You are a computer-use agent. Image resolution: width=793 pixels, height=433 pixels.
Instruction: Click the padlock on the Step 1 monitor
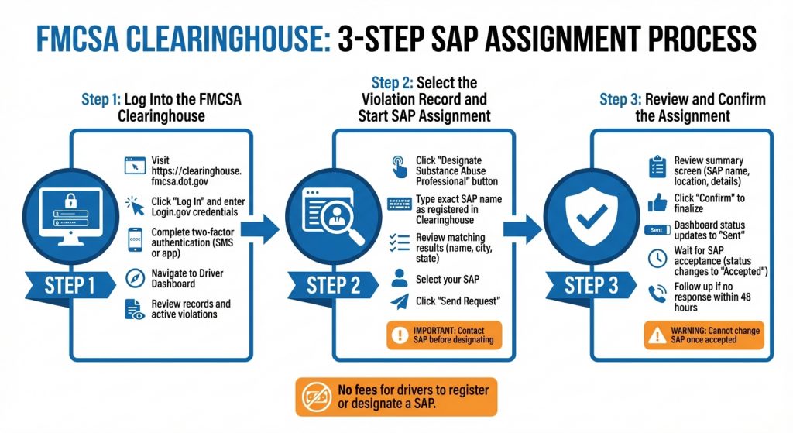pyautogui.click(x=70, y=201)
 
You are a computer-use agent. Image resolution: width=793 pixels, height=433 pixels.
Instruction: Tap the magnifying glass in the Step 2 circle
pyautogui.click(x=342, y=222)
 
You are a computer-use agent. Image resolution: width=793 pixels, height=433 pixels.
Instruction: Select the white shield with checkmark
pyautogui.click(x=592, y=218)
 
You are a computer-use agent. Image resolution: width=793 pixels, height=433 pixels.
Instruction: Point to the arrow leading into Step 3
pyautogui.click(x=523, y=229)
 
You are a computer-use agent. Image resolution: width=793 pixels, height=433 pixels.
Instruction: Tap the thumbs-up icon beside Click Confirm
pyautogui.click(x=657, y=203)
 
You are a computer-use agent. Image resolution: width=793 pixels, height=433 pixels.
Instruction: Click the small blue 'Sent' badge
pyautogui.click(x=657, y=230)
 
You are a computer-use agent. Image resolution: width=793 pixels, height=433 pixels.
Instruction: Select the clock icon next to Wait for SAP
pyautogui.click(x=657, y=259)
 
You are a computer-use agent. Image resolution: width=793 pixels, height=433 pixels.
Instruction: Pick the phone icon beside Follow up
pyautogui.click(x=657, y=294)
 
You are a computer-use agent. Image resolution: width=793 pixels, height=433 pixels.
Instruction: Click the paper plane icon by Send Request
pyautogui.click(x=400, y=302)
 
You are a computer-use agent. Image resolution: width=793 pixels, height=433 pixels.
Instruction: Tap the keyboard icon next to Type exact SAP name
pyautogui.click(x=400, y=204)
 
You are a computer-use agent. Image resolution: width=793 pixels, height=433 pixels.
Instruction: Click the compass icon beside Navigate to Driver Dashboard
pyautogui.click(x=135, y=279)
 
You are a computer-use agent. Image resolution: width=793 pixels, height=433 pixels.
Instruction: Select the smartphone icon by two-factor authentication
pyautogui.click(x=135, y=239)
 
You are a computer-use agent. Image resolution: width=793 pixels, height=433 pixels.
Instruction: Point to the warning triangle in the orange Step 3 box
pyautogui.click(x=657, y=335)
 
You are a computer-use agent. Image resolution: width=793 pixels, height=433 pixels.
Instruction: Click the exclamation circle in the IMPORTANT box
pyautogui.click(x=400, y=335)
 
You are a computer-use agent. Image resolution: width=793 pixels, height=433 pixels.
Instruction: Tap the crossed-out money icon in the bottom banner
pyautogui.click(x=317, y=397)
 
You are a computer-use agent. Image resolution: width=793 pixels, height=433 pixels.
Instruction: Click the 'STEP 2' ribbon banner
pyautogui.click(x=333, y=286)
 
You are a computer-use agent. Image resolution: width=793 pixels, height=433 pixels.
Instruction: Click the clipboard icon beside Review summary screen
pyautogui.click(x=657, y=167)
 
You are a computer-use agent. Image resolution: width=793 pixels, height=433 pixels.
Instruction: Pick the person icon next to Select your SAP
pyautogui.click(x=400, y=278)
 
